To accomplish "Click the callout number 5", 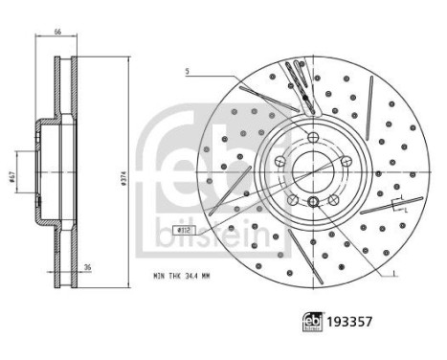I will (x=188, y=73).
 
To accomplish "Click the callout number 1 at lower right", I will (x=392, y=275).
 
